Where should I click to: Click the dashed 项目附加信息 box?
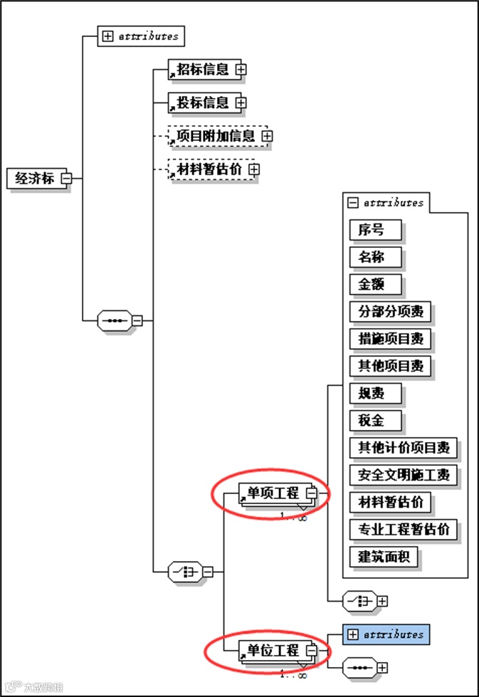pos(214,135)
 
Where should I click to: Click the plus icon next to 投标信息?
pos(241,103)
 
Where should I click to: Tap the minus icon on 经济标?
pos(66,179)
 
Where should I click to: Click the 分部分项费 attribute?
pos(390,312)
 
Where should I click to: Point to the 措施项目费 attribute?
pos(390,339)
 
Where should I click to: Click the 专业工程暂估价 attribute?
pos(403,529)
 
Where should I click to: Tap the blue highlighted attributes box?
pos(386,634)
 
